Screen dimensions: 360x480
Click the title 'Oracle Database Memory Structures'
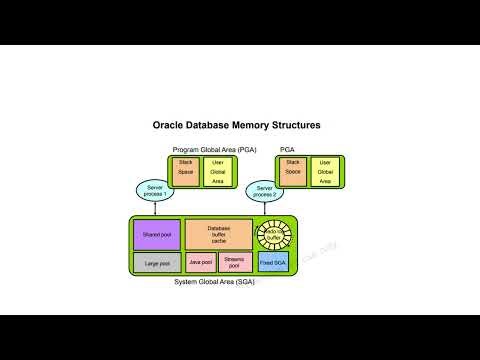click(236, 127)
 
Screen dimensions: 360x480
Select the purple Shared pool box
click(156, 234)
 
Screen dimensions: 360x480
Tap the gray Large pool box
click(156, 262)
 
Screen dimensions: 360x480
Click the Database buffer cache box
click(218, 234)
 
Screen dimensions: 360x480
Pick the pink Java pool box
click(201, 262)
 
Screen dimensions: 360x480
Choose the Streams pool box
click(235, 262)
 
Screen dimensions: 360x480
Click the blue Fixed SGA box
click(273, 262)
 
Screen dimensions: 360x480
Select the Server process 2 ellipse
click(265, 190)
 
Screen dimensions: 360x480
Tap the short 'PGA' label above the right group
click(288, 149)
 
